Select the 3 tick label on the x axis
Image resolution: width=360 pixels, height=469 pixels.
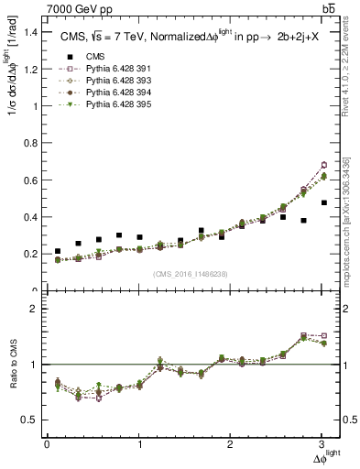point(323,444)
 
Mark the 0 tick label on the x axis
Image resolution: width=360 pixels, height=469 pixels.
point(47,444)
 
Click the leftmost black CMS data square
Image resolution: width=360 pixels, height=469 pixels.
point(58,251)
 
